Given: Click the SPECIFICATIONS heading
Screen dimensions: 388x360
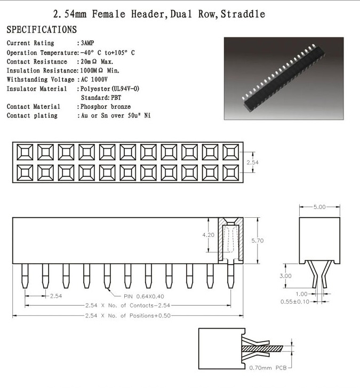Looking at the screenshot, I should (x=42, y=29).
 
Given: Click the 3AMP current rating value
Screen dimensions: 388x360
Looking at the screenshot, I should (x=87, y=43).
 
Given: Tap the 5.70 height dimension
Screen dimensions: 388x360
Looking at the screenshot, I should (x=257, y=241).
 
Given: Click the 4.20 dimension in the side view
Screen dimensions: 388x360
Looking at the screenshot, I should (x=209, y=235).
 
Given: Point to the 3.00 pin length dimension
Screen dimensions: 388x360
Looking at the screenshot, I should (x=285, y=276).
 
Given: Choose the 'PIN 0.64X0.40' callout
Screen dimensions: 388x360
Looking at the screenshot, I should (x=144, y=296).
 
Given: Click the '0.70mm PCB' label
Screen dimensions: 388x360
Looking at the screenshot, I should (x=268, y=368).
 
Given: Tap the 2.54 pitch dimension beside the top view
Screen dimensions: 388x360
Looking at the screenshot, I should (x=252, y=162).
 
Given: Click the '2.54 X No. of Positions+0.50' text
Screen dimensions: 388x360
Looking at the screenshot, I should (x=128, y=316).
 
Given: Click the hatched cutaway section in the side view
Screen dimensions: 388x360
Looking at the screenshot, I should (x=230, y=241).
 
